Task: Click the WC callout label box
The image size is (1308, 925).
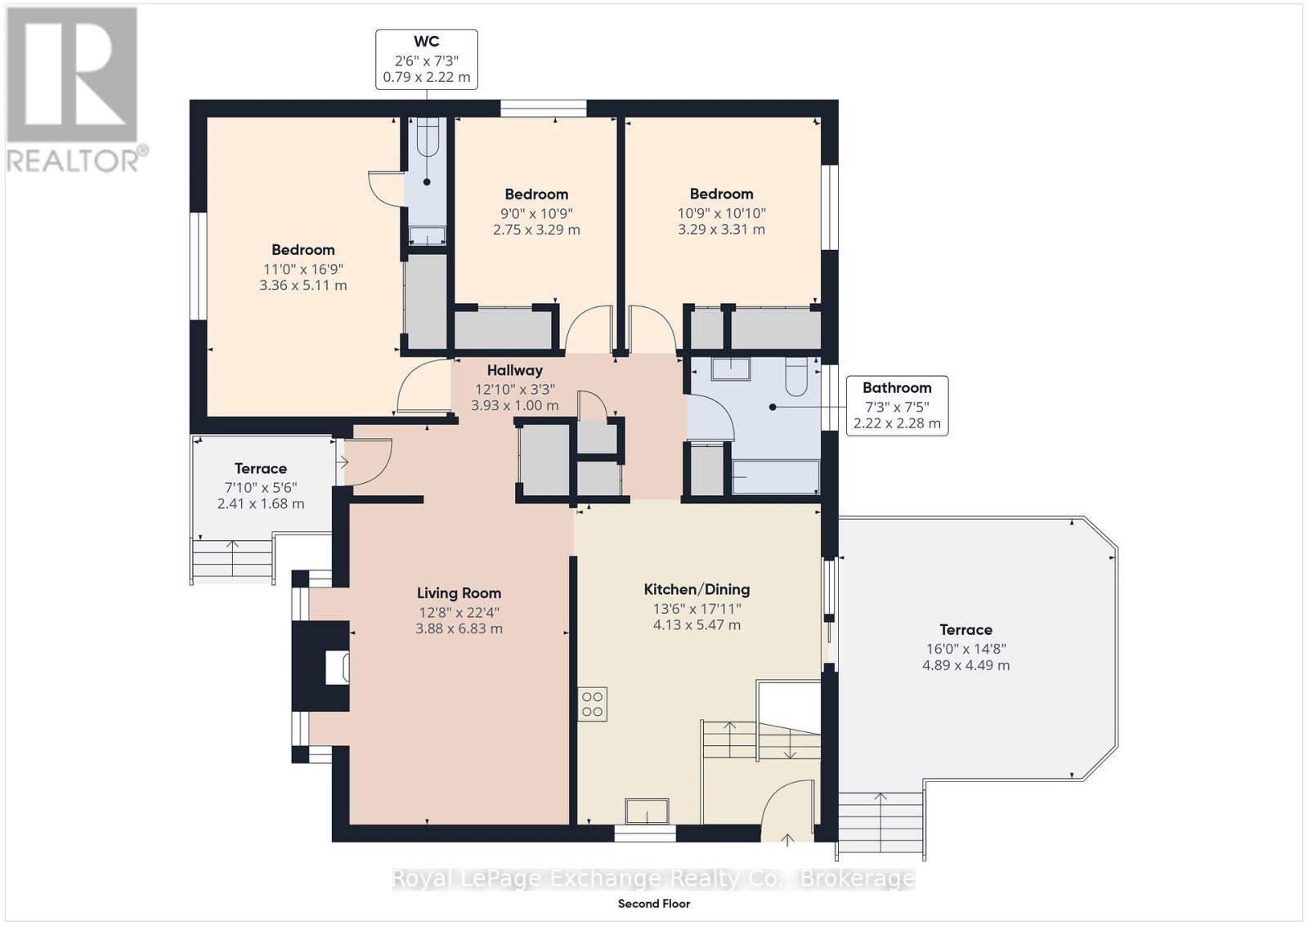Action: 426,60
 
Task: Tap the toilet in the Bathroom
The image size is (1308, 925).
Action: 796,376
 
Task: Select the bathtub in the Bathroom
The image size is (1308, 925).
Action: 776,476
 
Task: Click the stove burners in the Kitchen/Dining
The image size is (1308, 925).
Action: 592,704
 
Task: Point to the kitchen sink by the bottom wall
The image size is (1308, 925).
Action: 647,811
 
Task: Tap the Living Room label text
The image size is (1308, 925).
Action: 459,593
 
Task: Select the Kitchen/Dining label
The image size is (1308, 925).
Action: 697,589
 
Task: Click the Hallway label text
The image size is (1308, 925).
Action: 514,370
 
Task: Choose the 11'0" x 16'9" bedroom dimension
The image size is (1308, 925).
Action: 303,269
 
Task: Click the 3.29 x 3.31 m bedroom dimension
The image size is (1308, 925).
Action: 721,230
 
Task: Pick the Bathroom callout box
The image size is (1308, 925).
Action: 897,405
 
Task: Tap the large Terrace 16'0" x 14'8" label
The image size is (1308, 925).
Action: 965,647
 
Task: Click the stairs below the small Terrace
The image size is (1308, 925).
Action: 232,558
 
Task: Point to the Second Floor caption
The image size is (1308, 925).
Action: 654,904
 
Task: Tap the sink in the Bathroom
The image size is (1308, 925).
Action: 731,369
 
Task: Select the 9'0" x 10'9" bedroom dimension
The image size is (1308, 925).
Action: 536,213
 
